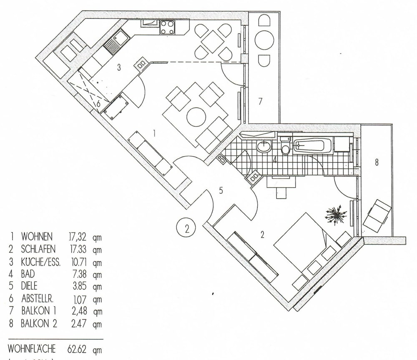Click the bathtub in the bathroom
click(313, 146)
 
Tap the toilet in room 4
click(286, 147)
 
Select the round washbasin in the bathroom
click(264, 146)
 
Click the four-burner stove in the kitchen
click(168, 27)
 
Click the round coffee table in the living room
click(195, 117)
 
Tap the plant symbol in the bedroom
click(336, 215)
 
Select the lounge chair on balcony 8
click(377, 215)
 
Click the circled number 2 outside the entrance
click(187, 228)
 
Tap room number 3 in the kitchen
click(119, 67)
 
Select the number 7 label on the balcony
click(260, 101)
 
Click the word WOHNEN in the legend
click(37, 237)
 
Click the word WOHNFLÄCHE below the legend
click(31, 348)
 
